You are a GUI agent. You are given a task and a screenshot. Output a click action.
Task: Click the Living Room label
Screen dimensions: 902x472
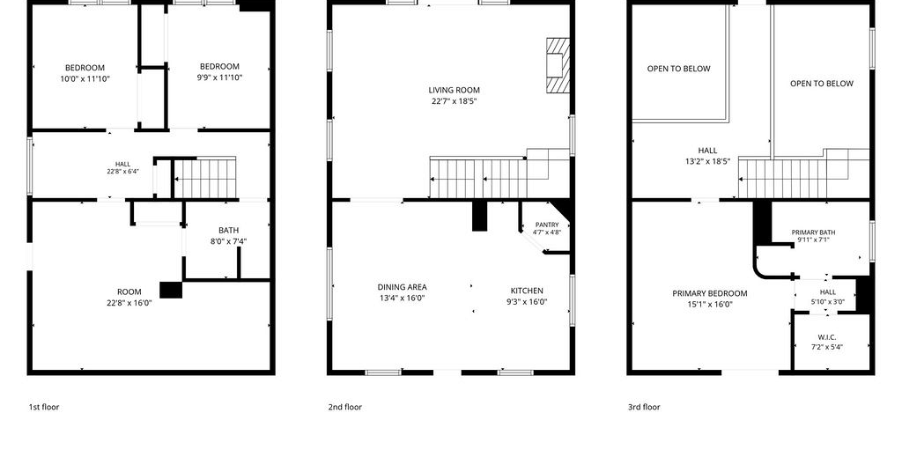(x=454, y=90)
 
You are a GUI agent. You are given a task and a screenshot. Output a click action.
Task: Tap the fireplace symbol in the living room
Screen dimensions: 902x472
(x=558, y=65)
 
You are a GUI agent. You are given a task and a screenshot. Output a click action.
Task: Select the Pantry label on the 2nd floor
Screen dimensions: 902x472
(x=546, y=225)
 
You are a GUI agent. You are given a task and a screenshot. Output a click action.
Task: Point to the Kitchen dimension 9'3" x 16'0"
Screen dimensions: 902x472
(x=527, y=302)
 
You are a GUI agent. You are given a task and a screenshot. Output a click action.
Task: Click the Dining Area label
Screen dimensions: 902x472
(x=402, y=287)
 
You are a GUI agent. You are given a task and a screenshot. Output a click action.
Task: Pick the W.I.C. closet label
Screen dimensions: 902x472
(x=827, y=337)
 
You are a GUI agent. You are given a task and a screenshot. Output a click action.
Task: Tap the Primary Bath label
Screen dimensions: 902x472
(x=813, y=232)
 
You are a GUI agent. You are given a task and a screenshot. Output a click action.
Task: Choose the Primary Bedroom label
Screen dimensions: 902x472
(x=710, y=293)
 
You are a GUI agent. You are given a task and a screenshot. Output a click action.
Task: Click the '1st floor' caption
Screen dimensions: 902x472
(x=44, y=407)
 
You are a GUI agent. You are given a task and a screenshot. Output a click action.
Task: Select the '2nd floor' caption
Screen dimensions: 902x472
(x=345, y=407)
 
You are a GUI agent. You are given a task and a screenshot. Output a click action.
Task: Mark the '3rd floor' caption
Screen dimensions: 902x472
(x=644, y=407)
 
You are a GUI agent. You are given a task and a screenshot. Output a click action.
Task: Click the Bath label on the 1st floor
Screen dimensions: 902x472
(x=228, y=231)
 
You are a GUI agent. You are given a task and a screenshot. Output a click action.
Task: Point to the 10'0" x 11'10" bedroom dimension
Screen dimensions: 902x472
(x=85, y=78)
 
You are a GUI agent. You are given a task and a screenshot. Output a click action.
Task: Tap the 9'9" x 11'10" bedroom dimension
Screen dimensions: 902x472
(x=219, y=77)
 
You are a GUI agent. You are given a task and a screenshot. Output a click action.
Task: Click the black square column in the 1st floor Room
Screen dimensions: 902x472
(x=171, y=290)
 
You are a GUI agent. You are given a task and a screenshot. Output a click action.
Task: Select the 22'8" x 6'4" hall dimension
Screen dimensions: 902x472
(x=122, y=172)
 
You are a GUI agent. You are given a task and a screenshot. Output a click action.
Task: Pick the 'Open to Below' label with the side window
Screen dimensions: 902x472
(x=822, y=84)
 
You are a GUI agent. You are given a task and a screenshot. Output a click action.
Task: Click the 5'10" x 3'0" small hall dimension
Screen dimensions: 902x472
(x=828, y=301)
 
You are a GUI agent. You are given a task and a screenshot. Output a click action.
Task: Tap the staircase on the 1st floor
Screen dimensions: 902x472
(x=204, y=178)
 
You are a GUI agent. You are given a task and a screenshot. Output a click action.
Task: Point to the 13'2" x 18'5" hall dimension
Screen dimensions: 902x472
(x=707, y=161)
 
